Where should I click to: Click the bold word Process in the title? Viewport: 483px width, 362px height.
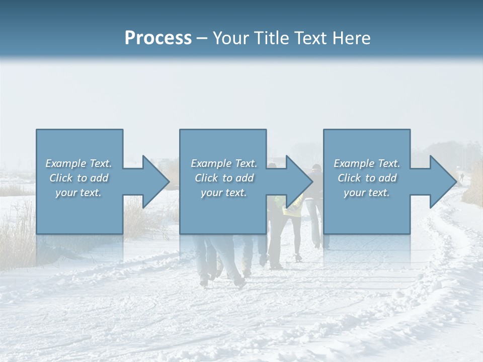(158, 38)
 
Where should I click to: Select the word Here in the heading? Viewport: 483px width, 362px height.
(351, 38)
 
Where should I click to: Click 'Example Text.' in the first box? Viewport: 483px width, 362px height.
(79, 163)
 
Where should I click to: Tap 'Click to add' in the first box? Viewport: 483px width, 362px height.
(79, 178)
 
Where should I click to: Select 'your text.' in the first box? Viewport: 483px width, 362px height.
(79, 193)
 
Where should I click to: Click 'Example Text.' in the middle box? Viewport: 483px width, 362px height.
(224, 163)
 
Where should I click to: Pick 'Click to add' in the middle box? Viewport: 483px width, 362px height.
(224, 178)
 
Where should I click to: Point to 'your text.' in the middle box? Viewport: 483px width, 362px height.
(224, 193)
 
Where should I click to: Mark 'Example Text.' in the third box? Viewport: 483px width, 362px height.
(367, 163)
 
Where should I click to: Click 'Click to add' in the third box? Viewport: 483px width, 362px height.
(367, 178)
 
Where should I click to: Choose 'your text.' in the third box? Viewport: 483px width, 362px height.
(367, 193)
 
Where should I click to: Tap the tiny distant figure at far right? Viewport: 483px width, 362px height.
(461, 177)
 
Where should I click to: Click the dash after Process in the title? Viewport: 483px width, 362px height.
(202, 38)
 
